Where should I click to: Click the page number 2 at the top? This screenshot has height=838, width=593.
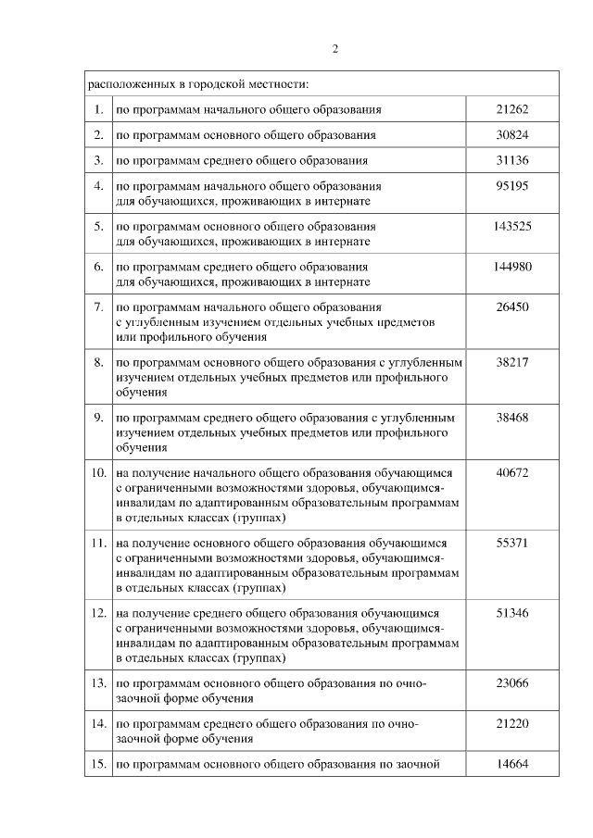click(334, 49)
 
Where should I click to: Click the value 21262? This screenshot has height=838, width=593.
click(512, 109)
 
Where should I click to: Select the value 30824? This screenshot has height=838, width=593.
click(512, 134)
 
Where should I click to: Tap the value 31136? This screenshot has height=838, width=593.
click(512, 160)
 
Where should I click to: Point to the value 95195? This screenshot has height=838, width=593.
click(512, 186)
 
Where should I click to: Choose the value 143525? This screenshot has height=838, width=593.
click(512, 226)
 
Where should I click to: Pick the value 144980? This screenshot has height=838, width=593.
click(512, 267)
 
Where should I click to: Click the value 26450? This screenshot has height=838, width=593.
click(512, 306)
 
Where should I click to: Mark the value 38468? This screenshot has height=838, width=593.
click(512, 418)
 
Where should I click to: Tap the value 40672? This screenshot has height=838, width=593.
click(512, 473)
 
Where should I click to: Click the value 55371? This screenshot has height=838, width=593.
click(512, 544)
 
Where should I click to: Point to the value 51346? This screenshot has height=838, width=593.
click(512, 613)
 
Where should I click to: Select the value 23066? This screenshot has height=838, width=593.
click(512, 683)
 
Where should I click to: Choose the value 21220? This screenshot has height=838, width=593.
click(512, 724)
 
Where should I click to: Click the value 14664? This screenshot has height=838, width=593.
click(512, 764)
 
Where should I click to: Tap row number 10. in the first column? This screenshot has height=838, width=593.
click(98, 473)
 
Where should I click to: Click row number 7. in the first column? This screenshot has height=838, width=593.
click(98, 306)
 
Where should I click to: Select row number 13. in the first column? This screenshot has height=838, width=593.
click(98, 683)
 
